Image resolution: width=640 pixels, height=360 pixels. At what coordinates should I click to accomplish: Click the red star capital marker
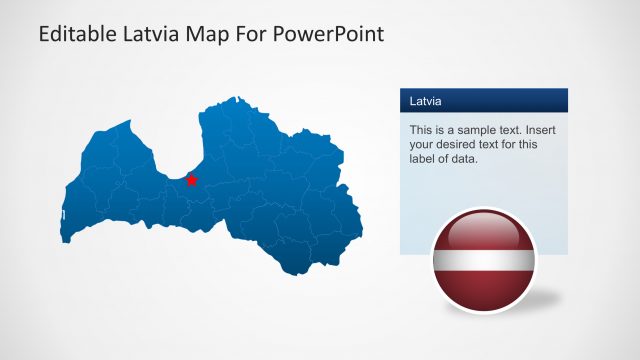pyautogui.click(x=192, y=180)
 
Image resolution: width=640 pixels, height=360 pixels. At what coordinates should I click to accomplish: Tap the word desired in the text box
pyautogui.click(x=461, y=144)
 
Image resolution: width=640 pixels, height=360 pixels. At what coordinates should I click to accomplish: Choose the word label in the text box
pyautogui.click(x=424, y=158)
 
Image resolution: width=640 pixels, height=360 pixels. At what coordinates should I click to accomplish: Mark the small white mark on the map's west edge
pyautogui.click(x=63, y=215)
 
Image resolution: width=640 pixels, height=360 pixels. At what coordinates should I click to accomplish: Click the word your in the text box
pyautogui.click(x=423, y=144)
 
